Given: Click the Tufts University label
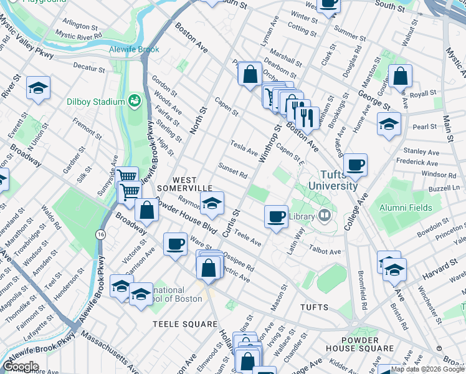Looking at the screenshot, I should (330, 180).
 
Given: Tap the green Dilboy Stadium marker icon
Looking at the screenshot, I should (134, 100).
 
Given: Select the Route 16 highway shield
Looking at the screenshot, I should (100, 234).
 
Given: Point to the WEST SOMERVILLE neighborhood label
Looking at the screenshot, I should (184, 184).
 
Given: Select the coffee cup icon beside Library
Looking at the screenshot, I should (276, 217).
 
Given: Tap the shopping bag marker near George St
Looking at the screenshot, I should (401, 77).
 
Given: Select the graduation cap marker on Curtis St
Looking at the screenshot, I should (212, 203).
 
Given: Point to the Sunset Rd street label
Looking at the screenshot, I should (233, 170).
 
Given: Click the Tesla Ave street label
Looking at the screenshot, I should (244, 148).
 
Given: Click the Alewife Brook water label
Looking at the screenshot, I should (134, 49).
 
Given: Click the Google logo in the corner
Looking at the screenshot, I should (21, 366).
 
